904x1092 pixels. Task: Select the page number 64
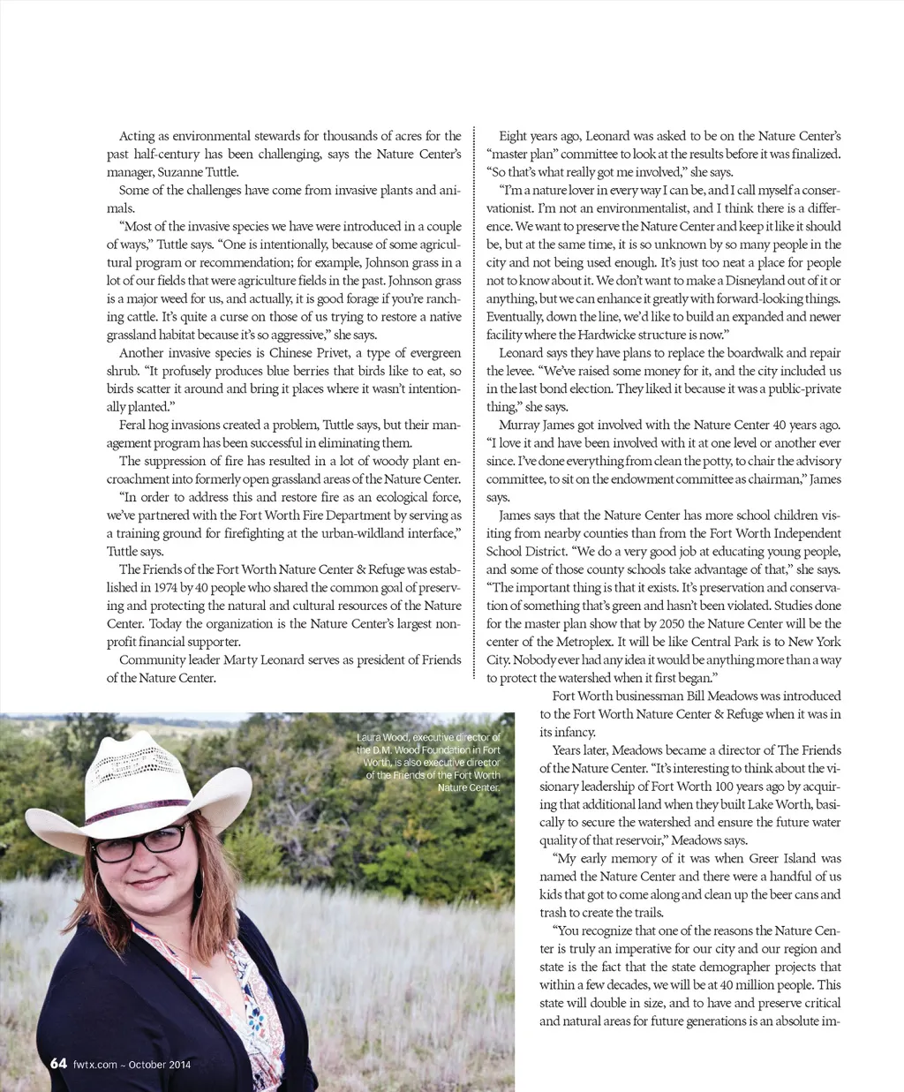[58, 1063]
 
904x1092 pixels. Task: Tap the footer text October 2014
[160, 1064]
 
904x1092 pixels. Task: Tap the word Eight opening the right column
[515, 136]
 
